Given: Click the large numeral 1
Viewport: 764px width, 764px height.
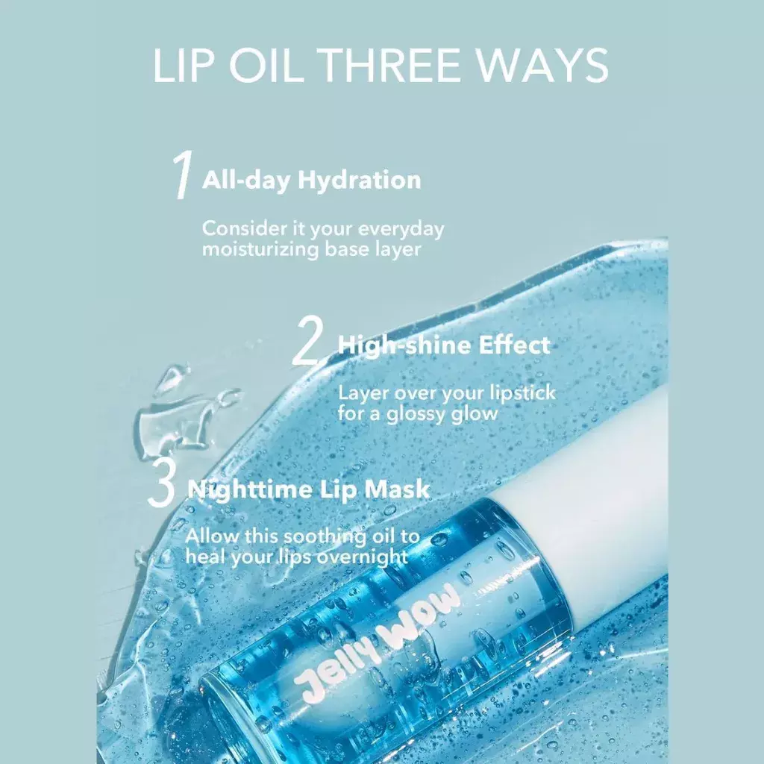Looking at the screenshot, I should point(182,176).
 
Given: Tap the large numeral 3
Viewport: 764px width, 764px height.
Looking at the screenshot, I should point(161,485).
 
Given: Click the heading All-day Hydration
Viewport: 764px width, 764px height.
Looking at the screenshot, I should point(311,180).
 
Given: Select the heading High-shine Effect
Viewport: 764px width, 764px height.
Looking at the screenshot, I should point(444,345).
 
